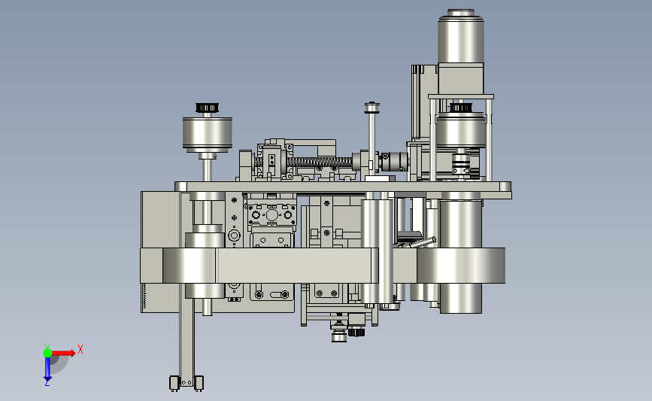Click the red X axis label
pyautogui.click(x=80, y=349)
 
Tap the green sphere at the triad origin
pyautogui.click(x=47, y=353)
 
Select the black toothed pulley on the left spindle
pyautogui.click(x=207, y=108)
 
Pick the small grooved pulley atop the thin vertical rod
pyautogui.click(x=371, y=108)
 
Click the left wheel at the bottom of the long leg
pyautogui.click(x=174, y=383)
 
